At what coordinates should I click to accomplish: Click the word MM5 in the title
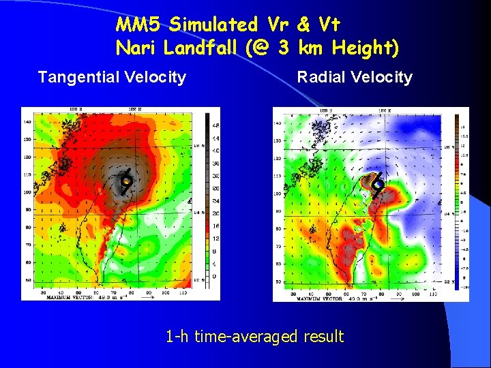coord(138,25)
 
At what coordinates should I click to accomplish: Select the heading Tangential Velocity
coord(112,77)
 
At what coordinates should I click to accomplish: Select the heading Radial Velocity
coord(355,77)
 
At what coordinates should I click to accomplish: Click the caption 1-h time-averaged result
coord(255,336)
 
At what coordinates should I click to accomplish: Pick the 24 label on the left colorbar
coord(215,201)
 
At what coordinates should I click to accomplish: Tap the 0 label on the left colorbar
coord(215,276)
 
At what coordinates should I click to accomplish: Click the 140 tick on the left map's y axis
coord(27,122)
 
